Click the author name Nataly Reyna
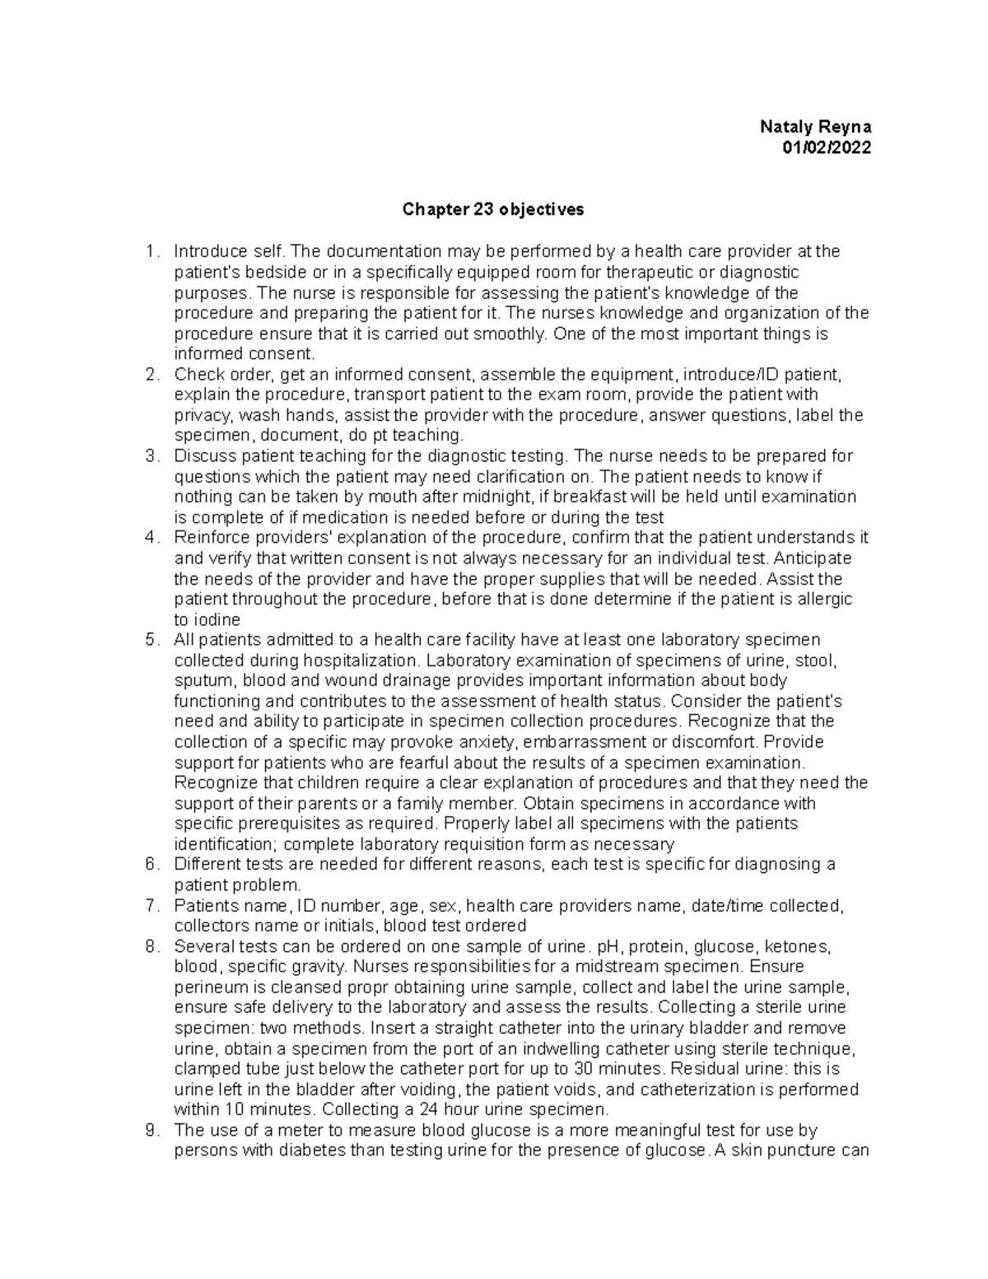pos(815,128)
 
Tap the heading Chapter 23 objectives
pos(492,209)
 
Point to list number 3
pos(151,456)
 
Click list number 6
pos(151,865)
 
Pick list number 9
pos(151,1131)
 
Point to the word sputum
pos(201,681)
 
